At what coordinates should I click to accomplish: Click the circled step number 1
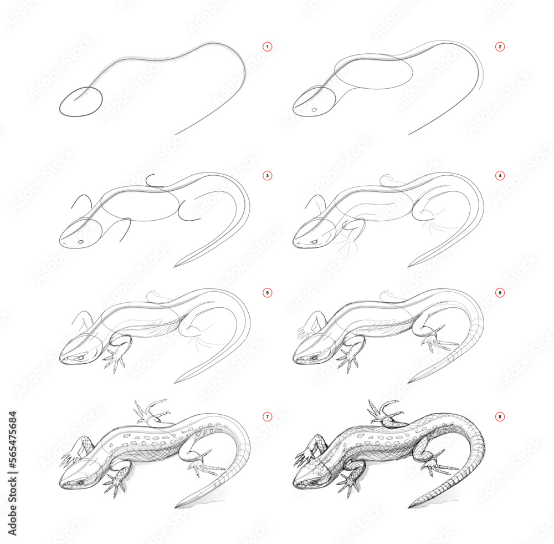pos(268,47)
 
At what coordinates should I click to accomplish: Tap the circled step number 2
pos(500,47)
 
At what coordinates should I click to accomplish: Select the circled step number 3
pos(268,176)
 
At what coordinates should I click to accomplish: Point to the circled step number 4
pos(500,176)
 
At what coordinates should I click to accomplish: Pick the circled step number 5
pos(268,292)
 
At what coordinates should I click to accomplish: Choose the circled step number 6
pos(500,292)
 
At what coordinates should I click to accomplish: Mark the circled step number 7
pos(268,416)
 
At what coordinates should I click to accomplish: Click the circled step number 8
pos(500,416)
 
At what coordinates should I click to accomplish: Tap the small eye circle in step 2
pos(314,110)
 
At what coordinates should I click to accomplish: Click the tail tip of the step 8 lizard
pos(411,506)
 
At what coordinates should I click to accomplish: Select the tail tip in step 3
pos(177,266)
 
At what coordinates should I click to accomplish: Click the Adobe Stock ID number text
pos(12,460)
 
